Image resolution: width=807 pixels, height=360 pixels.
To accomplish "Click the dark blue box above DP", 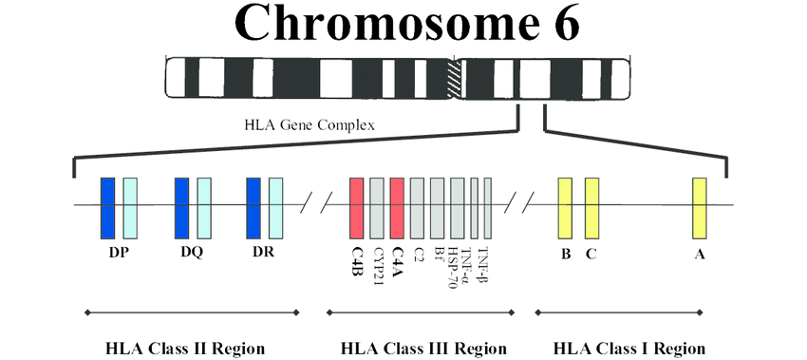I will (108, 207).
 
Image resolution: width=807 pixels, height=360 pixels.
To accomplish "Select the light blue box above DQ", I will (203, 207).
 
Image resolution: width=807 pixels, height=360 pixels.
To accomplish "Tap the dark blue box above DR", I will (253, 207).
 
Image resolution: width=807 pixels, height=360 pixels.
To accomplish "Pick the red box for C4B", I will (356, 207).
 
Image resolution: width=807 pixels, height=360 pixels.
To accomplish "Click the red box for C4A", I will (397, 207).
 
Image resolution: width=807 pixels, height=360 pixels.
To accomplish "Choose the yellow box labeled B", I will (565, 207).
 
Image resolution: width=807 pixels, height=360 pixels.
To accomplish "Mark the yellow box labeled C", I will (591, 207).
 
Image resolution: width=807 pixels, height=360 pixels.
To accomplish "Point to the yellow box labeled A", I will (700, 207).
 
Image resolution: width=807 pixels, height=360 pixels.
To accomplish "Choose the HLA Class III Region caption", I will (423, 347).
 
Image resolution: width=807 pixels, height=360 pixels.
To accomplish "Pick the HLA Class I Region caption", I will (629, 347).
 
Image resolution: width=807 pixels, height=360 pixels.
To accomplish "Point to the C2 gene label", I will (418, 256).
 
